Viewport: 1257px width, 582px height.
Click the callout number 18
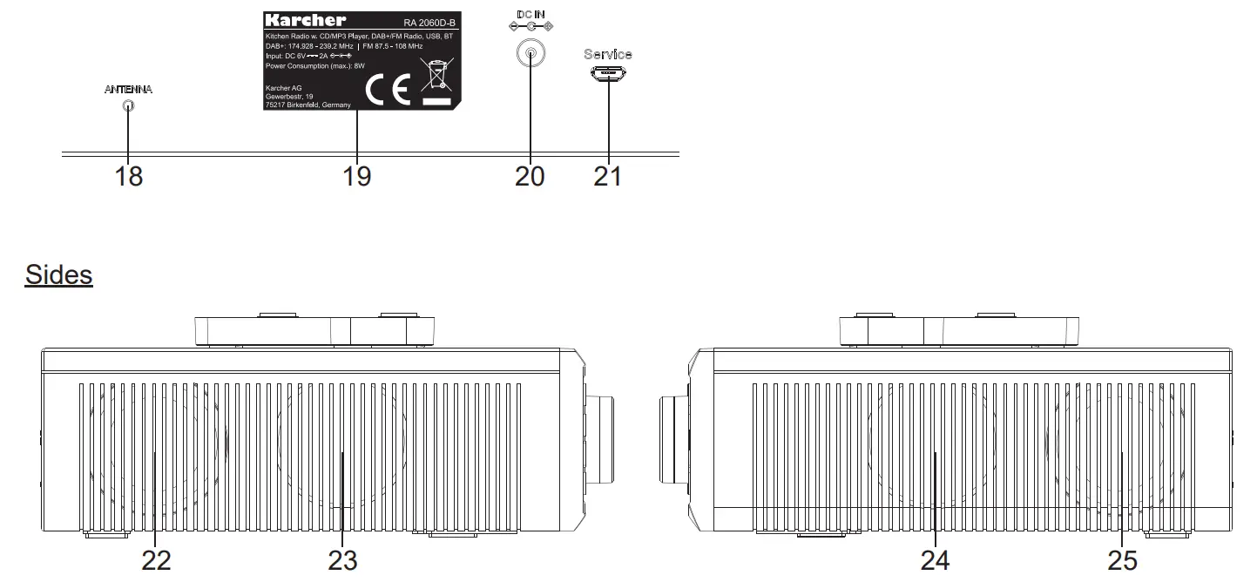point(128,176)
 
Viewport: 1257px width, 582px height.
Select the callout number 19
point(356,176)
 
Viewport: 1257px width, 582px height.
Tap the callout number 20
point(530,176)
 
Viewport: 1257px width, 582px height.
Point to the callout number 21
point(608,176)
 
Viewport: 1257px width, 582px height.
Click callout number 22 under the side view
point(157,560)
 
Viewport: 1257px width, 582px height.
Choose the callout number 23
point(342,560)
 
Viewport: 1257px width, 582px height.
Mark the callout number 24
point(935,560)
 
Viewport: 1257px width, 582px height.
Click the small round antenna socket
point(128,106)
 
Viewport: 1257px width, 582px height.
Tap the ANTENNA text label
point(128,90)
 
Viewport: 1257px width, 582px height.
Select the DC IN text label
point(530,15)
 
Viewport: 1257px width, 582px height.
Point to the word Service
point(608,54)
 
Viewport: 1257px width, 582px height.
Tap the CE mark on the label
point(387,91)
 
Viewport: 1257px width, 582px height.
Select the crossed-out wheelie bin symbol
point(436,76)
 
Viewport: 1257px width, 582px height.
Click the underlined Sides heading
point(58,275)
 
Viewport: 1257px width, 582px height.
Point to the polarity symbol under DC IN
point(530,27)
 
